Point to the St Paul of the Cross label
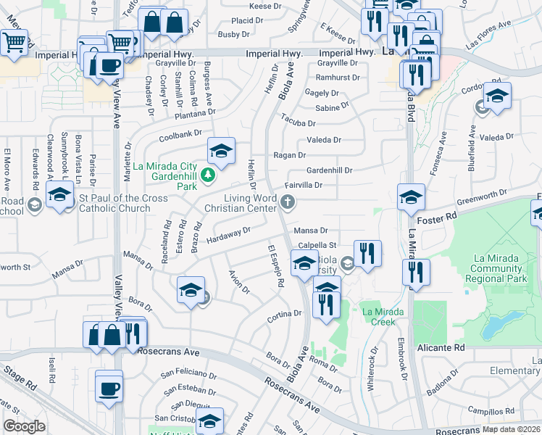click(115, 203)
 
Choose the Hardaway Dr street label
click(228, 235)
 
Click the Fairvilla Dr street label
click(304, 186)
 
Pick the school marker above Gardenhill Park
click(222, 151)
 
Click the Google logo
click(25, 426)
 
